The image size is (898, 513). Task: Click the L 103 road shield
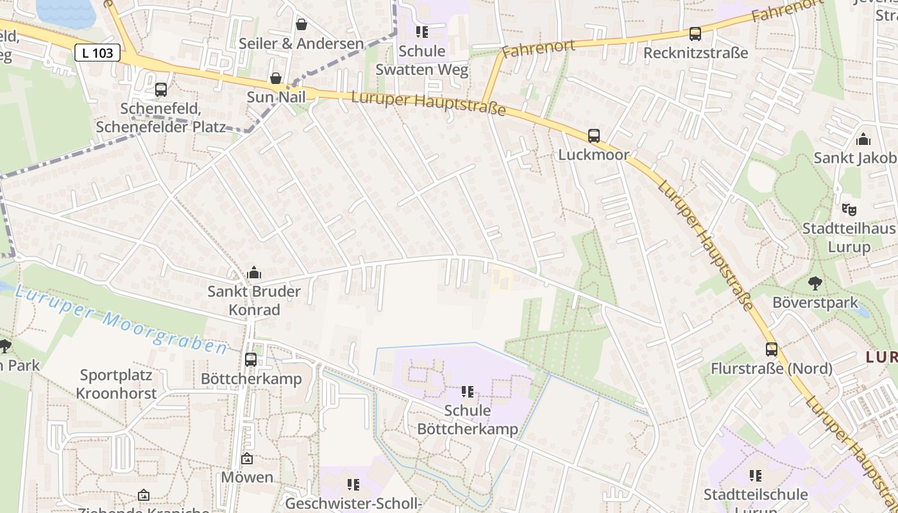[x=97, y=53]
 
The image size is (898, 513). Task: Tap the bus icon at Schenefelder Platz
[x=161, y=90]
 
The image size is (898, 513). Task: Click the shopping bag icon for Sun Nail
[x=276, y=78]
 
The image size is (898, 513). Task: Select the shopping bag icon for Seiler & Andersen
[x=301, y=25]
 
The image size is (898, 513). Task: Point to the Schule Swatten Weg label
[x=421, y=60]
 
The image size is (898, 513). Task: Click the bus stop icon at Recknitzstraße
[x=695, y=34]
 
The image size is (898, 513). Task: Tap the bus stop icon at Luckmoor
[x=594, y=136]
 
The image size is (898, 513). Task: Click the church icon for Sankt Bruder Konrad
[x=254, y=273]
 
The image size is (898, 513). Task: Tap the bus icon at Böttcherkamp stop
[x=251, y=360]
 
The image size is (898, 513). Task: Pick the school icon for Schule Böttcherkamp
[x=468, y=392]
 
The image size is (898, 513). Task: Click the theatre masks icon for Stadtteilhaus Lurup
[x=849, y=210]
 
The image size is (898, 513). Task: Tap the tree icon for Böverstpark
[x=815, y=283]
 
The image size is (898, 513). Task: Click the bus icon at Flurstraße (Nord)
[x=772, y=349]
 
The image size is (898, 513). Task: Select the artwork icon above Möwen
[x=247, y=458]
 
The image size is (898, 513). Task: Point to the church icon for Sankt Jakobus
[x=863, y=139]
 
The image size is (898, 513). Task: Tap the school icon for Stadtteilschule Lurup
[x=756, y=476]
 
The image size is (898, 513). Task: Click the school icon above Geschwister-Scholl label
[x=353, y=485]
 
